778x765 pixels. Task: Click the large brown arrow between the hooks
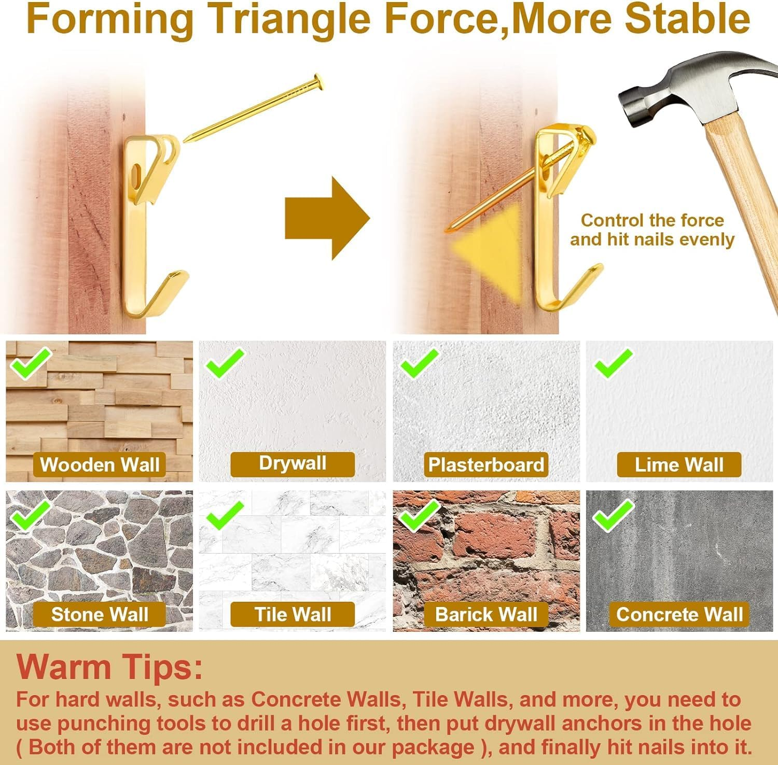click(x=327, y=218)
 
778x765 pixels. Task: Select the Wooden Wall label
click(x=100, y=464)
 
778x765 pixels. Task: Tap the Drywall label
click(x=293, y=463)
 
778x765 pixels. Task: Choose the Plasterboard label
click(x=486, y=464)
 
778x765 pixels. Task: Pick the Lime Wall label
click(x=679, y=464)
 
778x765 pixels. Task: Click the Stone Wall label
click(x=100, y=614)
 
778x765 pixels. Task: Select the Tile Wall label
click(x=293, y=614)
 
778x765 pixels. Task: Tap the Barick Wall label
click(x=486, y=614)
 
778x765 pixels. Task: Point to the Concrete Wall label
click(x=679, y=614)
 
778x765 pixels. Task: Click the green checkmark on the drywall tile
click(x=225, y=363)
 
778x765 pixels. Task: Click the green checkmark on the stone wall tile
click(x=31, y=515)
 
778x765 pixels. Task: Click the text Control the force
click(x=652, y=220)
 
